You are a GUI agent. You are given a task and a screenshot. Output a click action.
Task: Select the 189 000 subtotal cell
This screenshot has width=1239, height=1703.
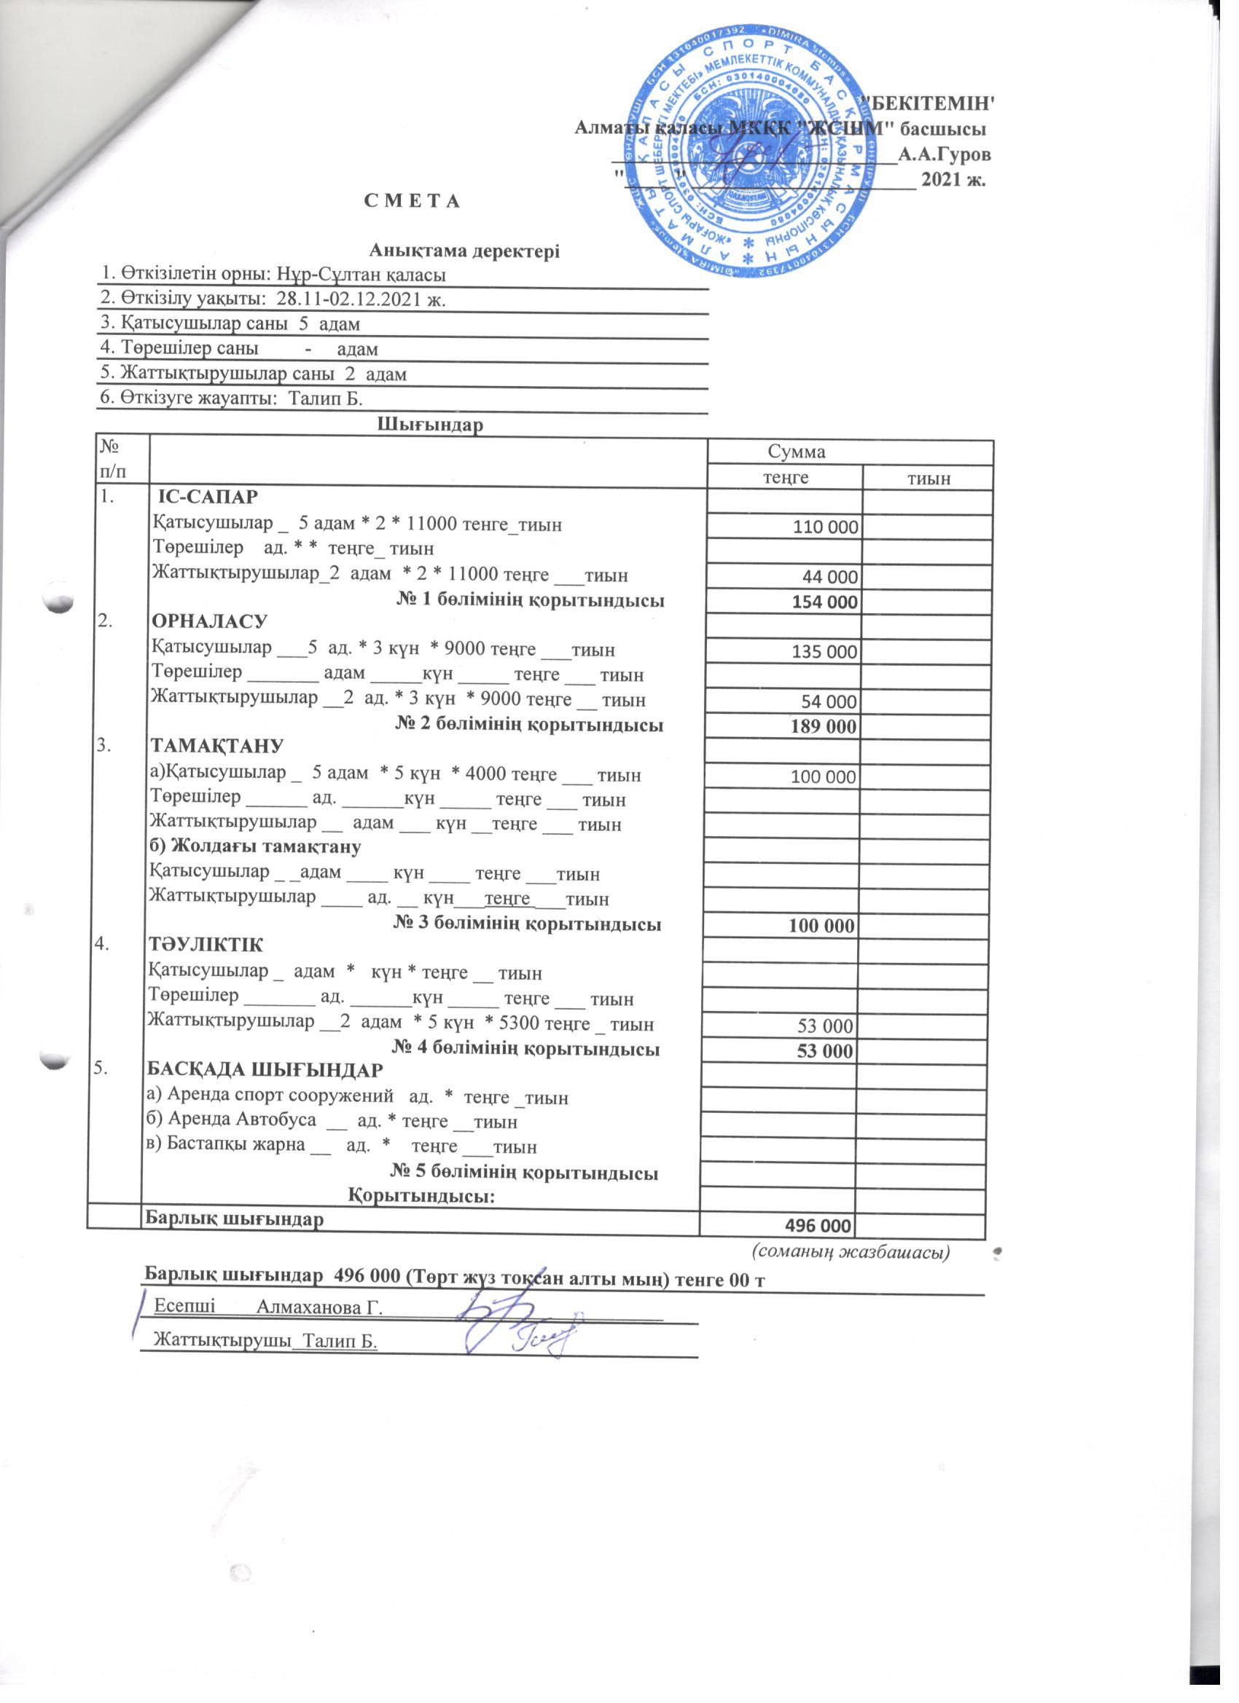point(824,727)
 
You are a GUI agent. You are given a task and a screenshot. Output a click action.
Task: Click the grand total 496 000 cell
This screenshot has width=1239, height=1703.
point(818,1226)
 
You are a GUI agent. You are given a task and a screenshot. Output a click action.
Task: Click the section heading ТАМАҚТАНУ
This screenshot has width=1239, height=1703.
point(216,746)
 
